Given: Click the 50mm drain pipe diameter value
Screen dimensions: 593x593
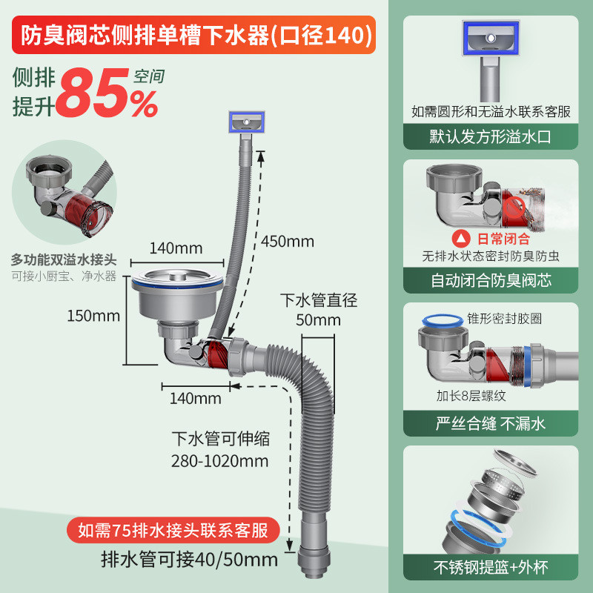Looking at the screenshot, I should (318, 320).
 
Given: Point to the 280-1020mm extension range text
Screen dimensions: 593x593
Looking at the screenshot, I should (219, 461).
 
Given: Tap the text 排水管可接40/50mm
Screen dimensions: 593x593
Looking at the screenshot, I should (189, 560).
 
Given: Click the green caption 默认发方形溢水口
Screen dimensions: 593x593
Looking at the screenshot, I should (490, 137).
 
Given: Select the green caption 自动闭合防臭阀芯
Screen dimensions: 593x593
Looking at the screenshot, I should (490, 280).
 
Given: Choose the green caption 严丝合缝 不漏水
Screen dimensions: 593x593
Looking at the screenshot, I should (490, 423).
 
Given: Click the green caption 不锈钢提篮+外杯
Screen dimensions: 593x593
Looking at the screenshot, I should (490, 567).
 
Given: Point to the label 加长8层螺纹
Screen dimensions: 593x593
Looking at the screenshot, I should (471, 396).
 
